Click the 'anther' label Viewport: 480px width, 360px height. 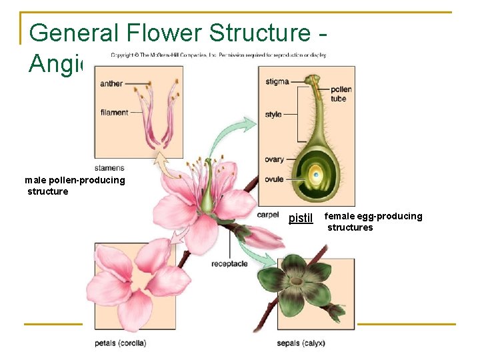[111, 84]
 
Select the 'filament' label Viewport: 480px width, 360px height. [114, 112]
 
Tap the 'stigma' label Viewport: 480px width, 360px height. [277, 81]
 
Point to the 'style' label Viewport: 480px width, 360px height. [273, 115]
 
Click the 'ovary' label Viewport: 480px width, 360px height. [274, 159]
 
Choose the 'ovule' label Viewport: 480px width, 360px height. [274, 179]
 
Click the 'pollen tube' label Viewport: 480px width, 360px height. [338, 94]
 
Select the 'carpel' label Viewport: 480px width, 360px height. [268, 215]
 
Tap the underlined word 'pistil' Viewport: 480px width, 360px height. [301, 218]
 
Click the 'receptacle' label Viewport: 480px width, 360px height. [230, 264]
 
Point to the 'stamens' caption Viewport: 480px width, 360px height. [109, 168]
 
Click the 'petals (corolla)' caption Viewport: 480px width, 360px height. [120, 343]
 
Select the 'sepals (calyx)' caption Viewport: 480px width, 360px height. [301, 343]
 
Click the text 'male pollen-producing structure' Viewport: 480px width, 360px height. [74, 186]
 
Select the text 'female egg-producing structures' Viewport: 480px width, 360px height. [373, 221]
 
